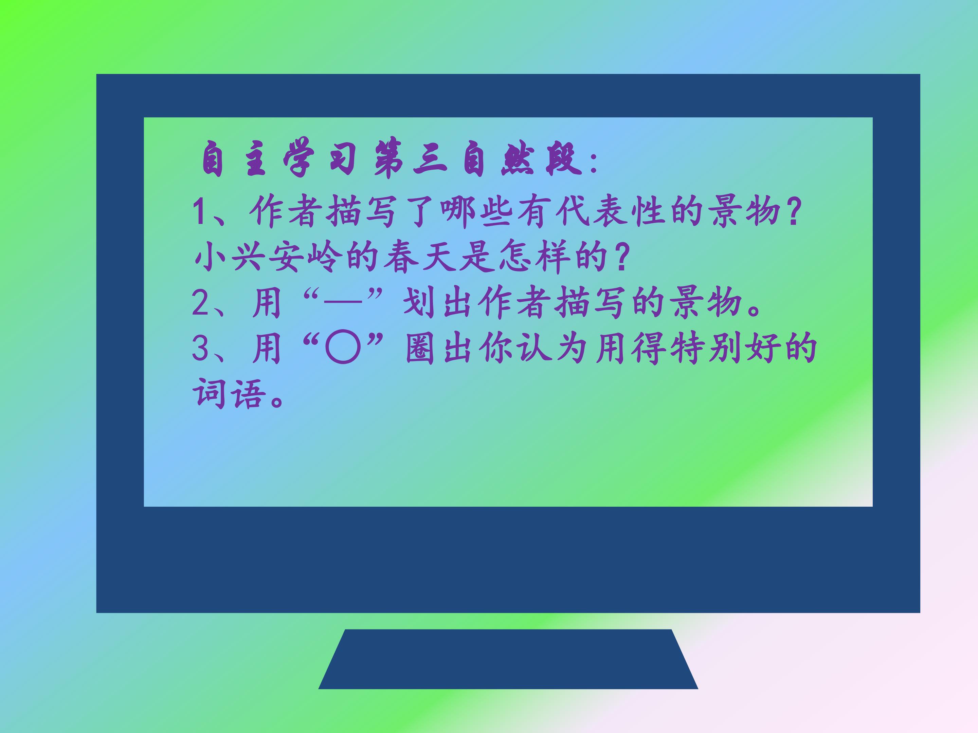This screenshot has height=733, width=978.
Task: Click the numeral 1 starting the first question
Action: pyautogui.click(x=199, y=212)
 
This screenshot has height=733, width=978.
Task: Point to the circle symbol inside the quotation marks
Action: pyautogui.click(x=343, y=349)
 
